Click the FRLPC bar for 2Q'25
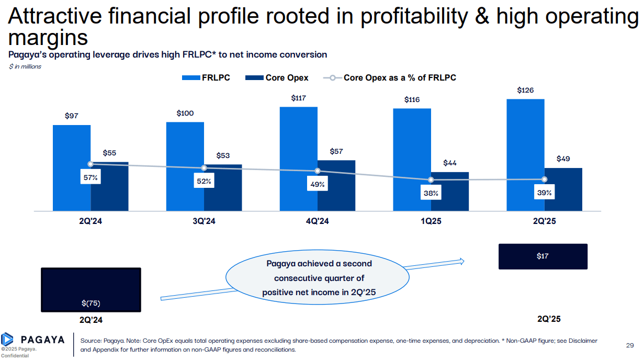pos(525,155)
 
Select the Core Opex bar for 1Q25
pos(450,192)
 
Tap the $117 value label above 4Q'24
pos(299,98)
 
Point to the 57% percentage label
pos(91,178)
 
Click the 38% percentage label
pos(431,194)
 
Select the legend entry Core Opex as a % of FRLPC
pos(390,77)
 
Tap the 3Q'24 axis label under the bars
pos(204,221)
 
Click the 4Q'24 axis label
pos(317,221)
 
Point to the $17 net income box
pos(543,256)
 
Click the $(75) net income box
pos(91,290)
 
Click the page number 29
pos(630,345)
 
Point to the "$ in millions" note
pos(25,66)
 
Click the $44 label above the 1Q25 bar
pos(450,163)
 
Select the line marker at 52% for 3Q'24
pos(204,168)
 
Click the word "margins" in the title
pos(48,38)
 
